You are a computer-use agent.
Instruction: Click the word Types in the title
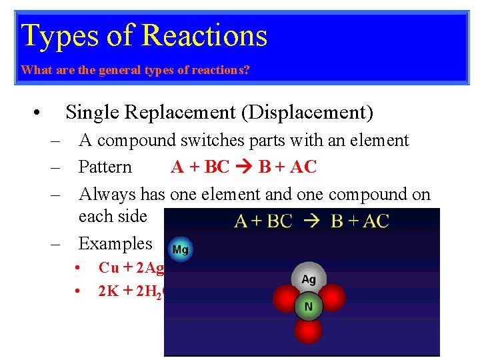[50, 36]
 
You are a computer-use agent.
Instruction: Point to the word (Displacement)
[307, 113]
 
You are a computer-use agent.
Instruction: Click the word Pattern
[105, 167]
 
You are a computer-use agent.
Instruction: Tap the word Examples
[115, 243]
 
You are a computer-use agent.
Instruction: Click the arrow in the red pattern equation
[244, 167]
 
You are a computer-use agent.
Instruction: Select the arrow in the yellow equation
[311, 221]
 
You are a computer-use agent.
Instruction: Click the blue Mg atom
[180, 250]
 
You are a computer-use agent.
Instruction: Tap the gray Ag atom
[309, 278]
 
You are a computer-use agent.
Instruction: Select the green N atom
[309, 307]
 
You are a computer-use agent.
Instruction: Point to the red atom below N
[309, 331]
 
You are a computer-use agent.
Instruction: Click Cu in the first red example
[109, 268]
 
